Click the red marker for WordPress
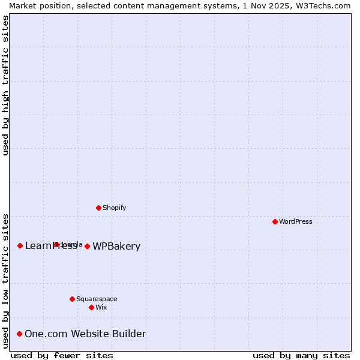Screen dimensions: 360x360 point(275,221)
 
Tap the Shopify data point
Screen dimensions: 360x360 point(98,208)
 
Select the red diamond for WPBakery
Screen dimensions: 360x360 point(87,246)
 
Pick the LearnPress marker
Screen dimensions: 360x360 point(20,245)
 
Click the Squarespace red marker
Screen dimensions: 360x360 point(72,299)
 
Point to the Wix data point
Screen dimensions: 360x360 point(91,307)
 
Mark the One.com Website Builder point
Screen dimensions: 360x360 point(19,334)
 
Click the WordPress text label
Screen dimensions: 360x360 point(296,221)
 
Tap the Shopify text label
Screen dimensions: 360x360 point(114,208)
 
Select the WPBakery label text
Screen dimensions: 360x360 point(116,247)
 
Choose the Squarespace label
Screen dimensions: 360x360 point(97,299)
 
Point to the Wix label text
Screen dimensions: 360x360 point(101,307)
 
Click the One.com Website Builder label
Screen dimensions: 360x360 point(85,334)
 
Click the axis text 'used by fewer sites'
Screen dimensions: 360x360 point(62,355)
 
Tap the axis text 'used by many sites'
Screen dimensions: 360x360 point(301,355)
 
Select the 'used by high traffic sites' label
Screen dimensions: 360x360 point(5,85)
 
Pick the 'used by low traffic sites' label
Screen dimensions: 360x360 point(5,280)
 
